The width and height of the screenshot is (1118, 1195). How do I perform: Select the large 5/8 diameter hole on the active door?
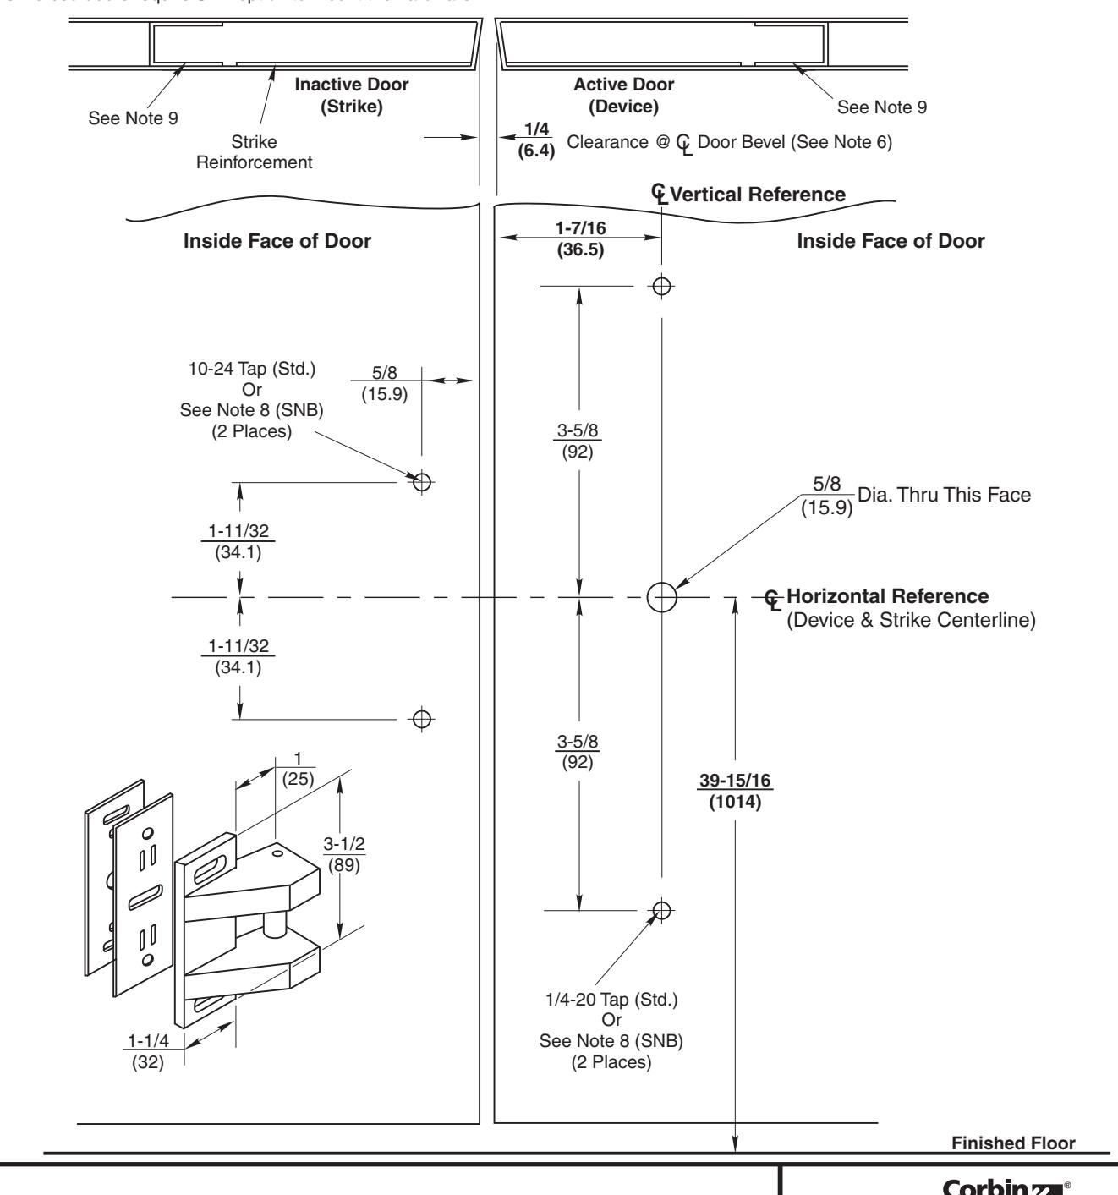click(x=662, y=597)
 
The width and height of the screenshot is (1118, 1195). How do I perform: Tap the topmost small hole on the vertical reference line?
click(x=662, y=285)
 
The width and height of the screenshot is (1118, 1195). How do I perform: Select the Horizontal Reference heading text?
click(x=887, y=596)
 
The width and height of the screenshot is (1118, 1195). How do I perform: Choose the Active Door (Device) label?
click(x=624, y=96)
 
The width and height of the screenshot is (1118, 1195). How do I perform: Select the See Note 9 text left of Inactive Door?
click(x=133, y=118)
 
